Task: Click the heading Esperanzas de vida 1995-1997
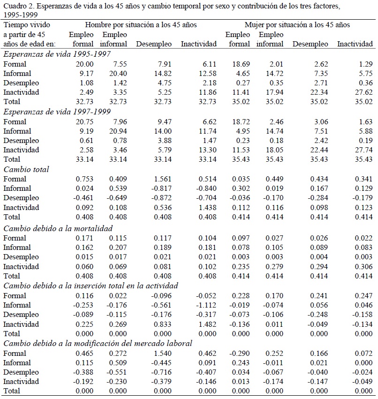tap(57, 54)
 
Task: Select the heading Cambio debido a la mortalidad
tap(58, 228)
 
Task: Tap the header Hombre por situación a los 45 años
tap(141, 24)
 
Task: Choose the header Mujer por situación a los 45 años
tap(297, 24)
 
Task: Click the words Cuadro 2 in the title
tap(17, 6)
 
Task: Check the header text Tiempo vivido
tap(27, 24)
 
